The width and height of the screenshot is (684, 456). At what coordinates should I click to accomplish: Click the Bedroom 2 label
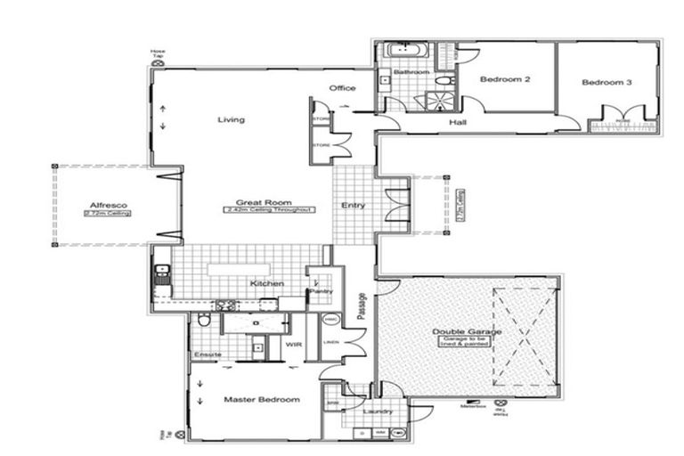point(505,80)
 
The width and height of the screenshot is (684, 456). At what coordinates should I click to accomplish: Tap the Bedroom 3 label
point(607,83)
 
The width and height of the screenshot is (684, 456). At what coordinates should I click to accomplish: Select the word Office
point(342,88)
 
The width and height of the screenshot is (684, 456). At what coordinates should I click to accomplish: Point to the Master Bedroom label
point(261,400)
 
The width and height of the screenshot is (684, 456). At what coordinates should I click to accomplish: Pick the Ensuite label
point(207,355)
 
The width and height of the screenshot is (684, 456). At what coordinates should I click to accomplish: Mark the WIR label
point(290,344)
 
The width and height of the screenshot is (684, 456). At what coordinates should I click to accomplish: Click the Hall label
point(458,122)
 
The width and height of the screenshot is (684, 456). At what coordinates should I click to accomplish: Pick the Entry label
point(353,206)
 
